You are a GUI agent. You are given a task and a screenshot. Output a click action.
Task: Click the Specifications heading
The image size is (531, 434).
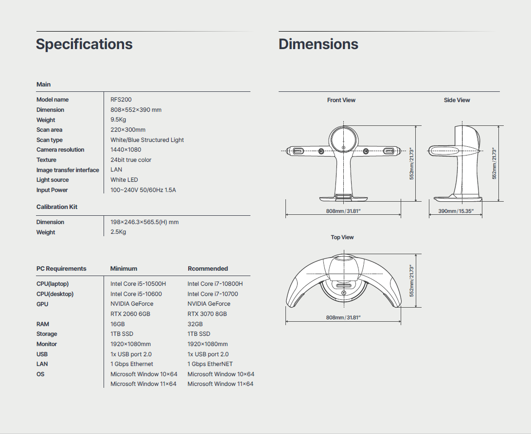(84, 44)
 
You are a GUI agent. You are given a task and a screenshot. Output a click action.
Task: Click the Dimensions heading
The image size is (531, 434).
(319, 44)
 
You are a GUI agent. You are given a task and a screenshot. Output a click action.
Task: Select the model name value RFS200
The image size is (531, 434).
(121, 100)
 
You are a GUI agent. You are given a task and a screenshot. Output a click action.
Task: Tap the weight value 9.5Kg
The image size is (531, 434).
(118, 120)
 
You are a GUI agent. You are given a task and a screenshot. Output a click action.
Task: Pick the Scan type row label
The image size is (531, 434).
(50, 140)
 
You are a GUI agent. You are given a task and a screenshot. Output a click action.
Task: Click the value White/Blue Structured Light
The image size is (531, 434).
(147, 140)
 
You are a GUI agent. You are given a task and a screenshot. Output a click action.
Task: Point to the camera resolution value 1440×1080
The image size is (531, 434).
(125, 150)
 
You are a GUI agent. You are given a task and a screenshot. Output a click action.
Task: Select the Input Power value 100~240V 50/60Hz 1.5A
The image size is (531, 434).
(143, 190)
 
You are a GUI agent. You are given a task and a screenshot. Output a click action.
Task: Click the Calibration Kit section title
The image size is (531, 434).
(57, 207)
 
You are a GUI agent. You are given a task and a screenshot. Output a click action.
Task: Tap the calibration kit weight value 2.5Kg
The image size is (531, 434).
(118, 232)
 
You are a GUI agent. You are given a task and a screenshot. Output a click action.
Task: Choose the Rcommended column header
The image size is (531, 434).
(208, 268)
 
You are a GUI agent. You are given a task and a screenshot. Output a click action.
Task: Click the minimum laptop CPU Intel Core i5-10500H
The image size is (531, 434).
(138, 284)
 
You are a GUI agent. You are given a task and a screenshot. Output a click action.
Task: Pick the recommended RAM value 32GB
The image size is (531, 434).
(195, 324)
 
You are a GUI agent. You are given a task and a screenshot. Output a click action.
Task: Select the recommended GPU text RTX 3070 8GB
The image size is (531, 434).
(207, 314)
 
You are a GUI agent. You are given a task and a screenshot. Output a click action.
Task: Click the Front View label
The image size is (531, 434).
(341, 100)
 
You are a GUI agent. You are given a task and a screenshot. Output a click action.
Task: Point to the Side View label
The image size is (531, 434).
(457, 100)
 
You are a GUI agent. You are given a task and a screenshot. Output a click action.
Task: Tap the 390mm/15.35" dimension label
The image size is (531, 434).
(456, 211)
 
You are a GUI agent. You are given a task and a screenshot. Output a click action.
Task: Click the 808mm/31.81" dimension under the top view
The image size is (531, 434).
(343, 317)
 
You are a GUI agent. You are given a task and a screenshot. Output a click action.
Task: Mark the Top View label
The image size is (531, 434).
(342, 237)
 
